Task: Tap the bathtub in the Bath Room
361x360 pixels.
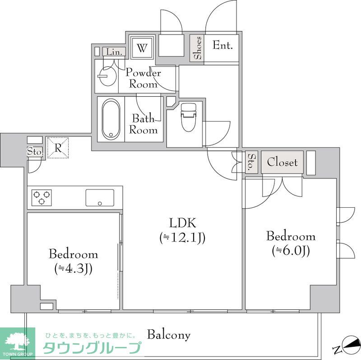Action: click(x=111, y=120)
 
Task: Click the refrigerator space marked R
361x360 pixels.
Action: click(x=58, y=148)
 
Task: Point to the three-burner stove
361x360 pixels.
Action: click(x=42, y=197)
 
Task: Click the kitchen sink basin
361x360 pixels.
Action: click(x=100, y=197)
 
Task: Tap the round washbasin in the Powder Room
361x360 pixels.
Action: click(x=106, y=76)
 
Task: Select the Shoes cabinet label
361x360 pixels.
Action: click(x=197, y=48)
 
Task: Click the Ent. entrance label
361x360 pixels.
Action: click(x=222, y=46)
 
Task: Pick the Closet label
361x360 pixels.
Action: click(x=282, y=162)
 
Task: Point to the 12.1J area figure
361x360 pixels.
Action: click(x=182, y=237)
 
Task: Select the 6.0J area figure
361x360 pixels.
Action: click(x=291, y=251)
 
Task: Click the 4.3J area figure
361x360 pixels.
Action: click(x=73, y=268)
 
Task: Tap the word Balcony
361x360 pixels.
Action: click(x=169, y=335)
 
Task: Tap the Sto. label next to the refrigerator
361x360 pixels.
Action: click(x=35, y=151)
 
